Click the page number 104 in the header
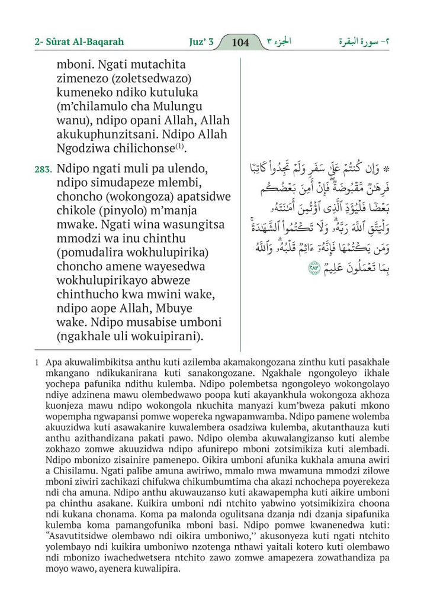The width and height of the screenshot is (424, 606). click(x=240, y=43)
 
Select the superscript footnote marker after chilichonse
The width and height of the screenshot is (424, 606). click(x=179, y=146)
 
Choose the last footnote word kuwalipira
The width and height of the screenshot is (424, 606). click(x=158, y=569)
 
